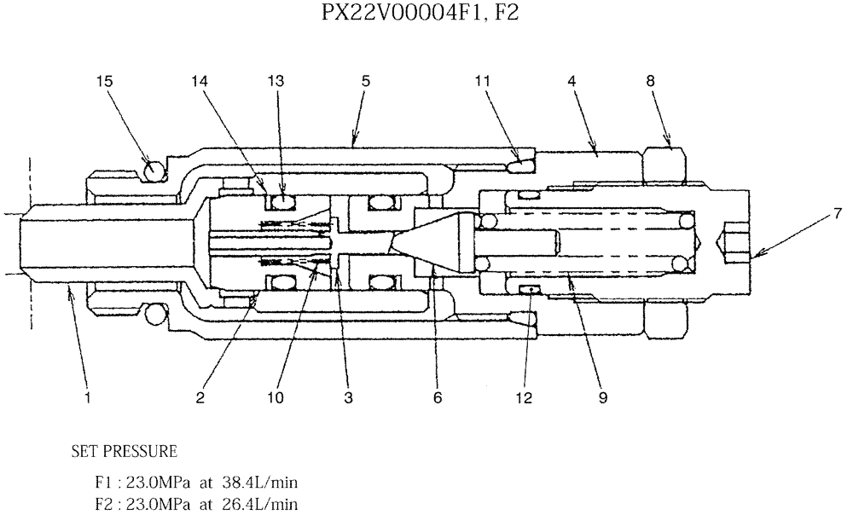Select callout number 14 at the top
click(x=200, y=81)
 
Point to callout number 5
click(x=365, y=81)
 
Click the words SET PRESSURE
click(x=125, y=449)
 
